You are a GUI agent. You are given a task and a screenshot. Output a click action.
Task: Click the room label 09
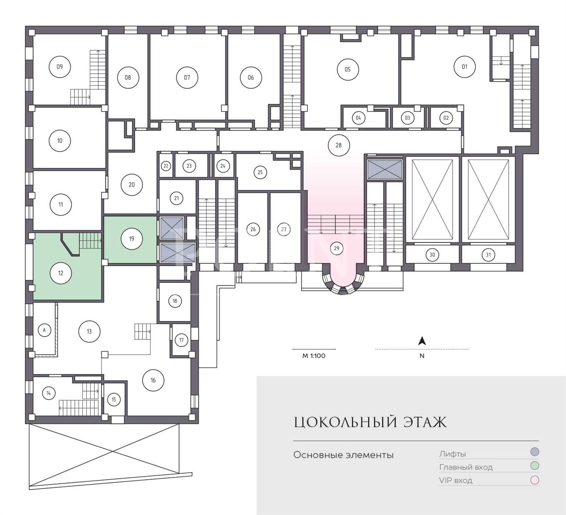coord(60,67)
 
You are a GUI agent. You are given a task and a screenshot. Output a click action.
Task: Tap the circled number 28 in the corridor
coord(339,145)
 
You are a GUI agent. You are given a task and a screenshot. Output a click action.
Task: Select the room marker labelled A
coord(44,330)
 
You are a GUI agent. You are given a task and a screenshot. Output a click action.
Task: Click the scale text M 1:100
coord(314,356)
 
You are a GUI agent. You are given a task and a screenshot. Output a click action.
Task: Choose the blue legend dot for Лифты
coord(534,452)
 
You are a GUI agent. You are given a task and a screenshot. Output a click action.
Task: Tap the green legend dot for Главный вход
coord(534,466)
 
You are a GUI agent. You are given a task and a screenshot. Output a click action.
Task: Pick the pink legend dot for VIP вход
coord(534,480)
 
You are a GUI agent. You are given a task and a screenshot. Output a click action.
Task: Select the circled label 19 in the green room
coord(132,239)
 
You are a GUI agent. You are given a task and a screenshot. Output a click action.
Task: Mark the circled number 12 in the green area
coord(61,273)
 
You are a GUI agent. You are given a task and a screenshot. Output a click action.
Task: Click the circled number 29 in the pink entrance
coord(337,248)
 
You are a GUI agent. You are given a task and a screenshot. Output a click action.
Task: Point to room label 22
coord(166,166)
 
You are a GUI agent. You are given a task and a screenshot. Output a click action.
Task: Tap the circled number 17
coord(181,340)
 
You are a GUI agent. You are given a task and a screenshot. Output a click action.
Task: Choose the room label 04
coord(358,117)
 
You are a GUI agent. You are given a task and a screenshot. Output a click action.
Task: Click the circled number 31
coord(488,255)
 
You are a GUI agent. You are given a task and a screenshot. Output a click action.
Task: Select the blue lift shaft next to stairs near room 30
coord(385,169)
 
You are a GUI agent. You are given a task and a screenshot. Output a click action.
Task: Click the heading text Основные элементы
coord(344,455)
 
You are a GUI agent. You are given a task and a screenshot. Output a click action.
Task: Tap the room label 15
coord(114,399)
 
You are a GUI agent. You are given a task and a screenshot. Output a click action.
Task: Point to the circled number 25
coord(260,172)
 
